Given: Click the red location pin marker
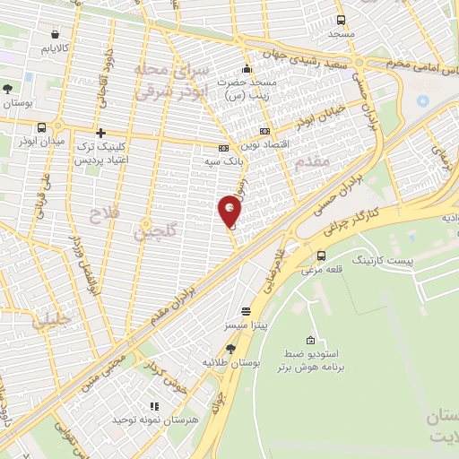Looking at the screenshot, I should click(x=230, y=212).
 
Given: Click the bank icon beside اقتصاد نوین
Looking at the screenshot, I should click(x=264, y=129).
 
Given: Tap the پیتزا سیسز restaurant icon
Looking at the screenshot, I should click(x=245, y=311).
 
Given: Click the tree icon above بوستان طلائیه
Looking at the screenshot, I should click(x=230, y=349).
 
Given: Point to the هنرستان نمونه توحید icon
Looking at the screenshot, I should click(x=153, y=407).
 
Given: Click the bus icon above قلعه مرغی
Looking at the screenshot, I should click(x=321, y=255).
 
